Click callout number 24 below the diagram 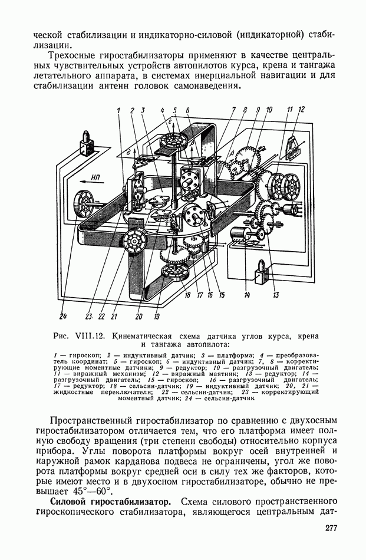64,316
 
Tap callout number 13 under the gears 276,295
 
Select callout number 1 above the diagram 118,111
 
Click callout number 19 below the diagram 157,316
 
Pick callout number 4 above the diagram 163,110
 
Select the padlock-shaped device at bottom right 261,271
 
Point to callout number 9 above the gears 258,110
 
